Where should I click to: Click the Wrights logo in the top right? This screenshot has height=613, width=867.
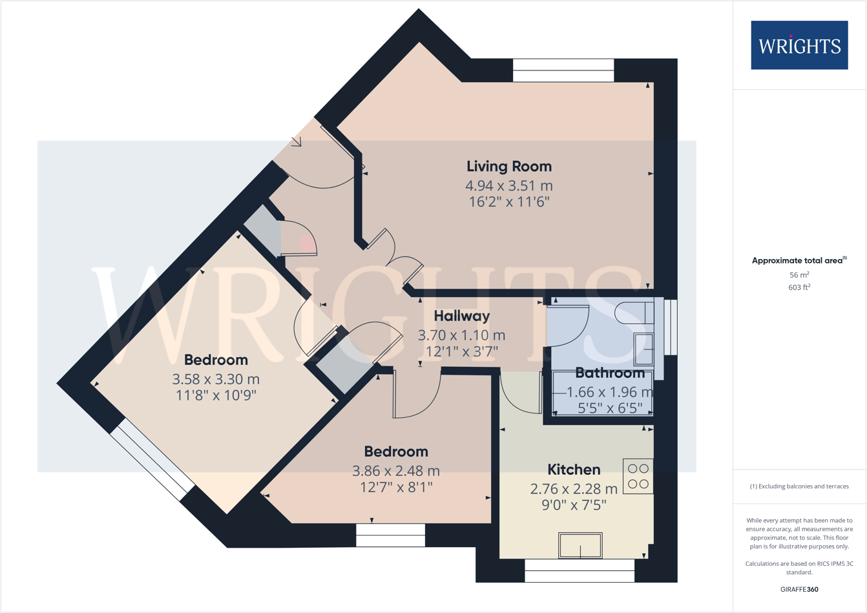point(799,45)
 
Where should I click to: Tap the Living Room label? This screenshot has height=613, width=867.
point(509,166)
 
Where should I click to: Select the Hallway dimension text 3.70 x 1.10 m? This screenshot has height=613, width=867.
point(461,335)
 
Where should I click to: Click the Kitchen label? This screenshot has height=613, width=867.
point(574,470)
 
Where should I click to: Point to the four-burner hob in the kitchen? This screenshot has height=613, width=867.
point(638,477)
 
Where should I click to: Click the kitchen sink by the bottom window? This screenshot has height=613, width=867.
point(580,546)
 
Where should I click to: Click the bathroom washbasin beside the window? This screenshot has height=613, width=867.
point(643,349)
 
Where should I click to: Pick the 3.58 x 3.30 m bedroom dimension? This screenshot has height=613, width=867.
point(216,379)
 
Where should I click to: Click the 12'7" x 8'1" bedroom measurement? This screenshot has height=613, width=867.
point(396,486)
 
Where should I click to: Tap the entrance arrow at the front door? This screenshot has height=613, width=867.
point(297,141)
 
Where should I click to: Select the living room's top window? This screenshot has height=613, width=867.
point(563,70)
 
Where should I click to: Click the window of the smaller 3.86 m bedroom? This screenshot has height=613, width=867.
point(390,535)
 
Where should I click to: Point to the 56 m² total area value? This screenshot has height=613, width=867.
point(799,275)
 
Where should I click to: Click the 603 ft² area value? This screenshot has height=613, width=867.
point(799,287)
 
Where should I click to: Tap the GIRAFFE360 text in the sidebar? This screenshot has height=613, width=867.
point(799,589)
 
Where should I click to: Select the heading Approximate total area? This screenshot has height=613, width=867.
point(799,260)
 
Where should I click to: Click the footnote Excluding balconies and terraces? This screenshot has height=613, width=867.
point(799,486)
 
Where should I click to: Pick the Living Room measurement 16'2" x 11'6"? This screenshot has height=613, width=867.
point(509,202)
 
